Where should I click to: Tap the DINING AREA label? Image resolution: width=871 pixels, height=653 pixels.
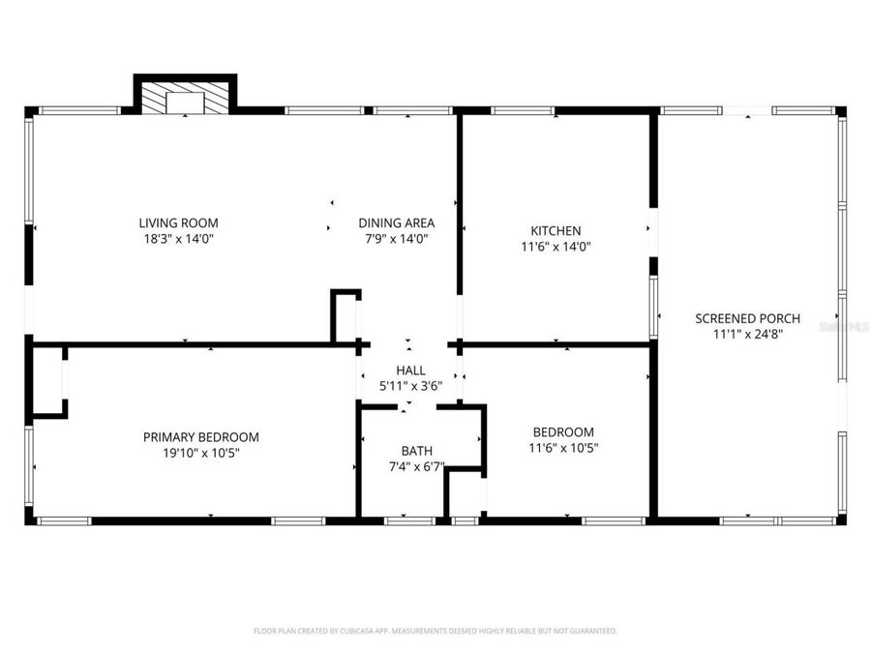[x=396, y=222]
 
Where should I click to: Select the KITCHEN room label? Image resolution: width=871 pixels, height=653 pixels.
[x=556, y=230]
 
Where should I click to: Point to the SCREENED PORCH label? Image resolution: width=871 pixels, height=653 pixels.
[x=747, y=318]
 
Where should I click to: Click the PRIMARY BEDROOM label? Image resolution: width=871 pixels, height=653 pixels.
[x=201, y=437]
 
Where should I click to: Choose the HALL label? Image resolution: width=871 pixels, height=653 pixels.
[x=410, y=371]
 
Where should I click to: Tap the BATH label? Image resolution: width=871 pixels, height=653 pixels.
[x=417, y=451]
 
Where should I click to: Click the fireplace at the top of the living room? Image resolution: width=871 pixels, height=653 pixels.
[x=185, y=97]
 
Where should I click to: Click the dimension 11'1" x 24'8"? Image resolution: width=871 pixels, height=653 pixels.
[x=747, y=335]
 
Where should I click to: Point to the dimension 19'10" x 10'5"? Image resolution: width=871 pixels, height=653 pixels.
[x=201, y=453]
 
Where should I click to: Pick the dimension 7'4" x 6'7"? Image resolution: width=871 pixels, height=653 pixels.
[x=417, y=466]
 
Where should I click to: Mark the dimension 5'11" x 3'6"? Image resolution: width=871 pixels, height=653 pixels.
[x=410, y=386]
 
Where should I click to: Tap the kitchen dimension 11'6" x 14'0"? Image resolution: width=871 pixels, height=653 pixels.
[x=556, y=247]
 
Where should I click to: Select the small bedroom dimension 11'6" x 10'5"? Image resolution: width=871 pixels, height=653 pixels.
[x=563, y=448]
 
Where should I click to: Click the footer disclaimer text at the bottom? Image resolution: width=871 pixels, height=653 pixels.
[x=435, y=631]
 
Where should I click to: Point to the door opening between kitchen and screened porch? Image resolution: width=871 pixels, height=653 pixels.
[x=653, y=232]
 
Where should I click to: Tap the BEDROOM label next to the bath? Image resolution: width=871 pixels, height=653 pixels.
[x=563, y=431]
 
